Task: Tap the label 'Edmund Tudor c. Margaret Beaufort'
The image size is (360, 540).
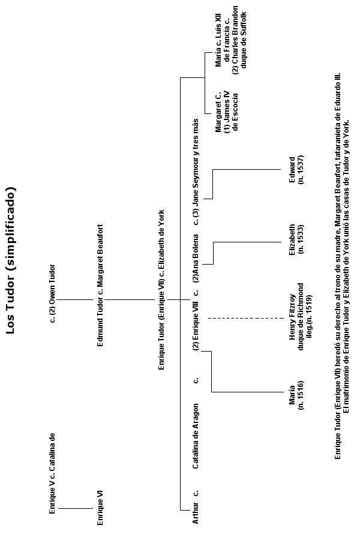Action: (x=100, y=286)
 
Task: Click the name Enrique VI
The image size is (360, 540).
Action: (x=100, y=508)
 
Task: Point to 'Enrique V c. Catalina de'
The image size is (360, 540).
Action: (x=52, y=473)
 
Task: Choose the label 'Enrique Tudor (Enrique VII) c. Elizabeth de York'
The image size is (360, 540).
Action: (x=161, y=290)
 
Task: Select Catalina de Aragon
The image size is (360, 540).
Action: (x=196, y=436)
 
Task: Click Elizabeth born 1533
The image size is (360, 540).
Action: (x=296, y=239)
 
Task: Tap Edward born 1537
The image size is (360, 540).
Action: (x=296, y=170)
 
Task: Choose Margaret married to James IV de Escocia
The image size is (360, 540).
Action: (x=226, y=111)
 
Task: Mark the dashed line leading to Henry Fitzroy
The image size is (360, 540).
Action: (x=246, y=318)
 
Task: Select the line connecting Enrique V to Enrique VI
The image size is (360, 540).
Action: (x=76, y=508)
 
